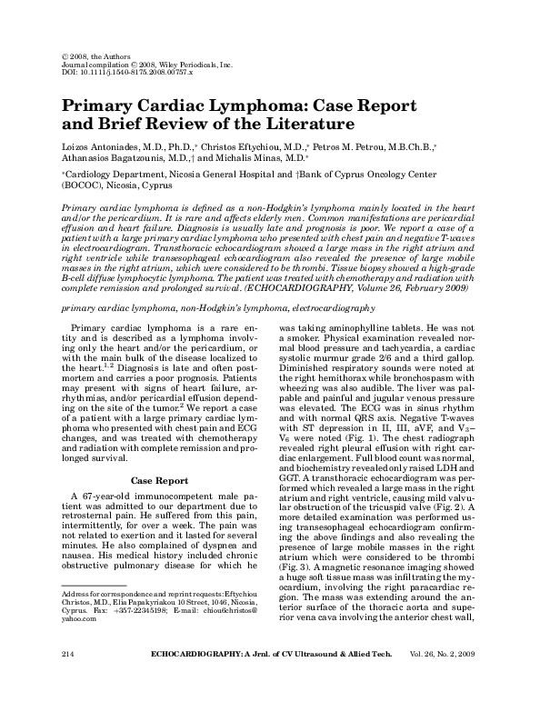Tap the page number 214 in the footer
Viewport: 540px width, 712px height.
(66, 679)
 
